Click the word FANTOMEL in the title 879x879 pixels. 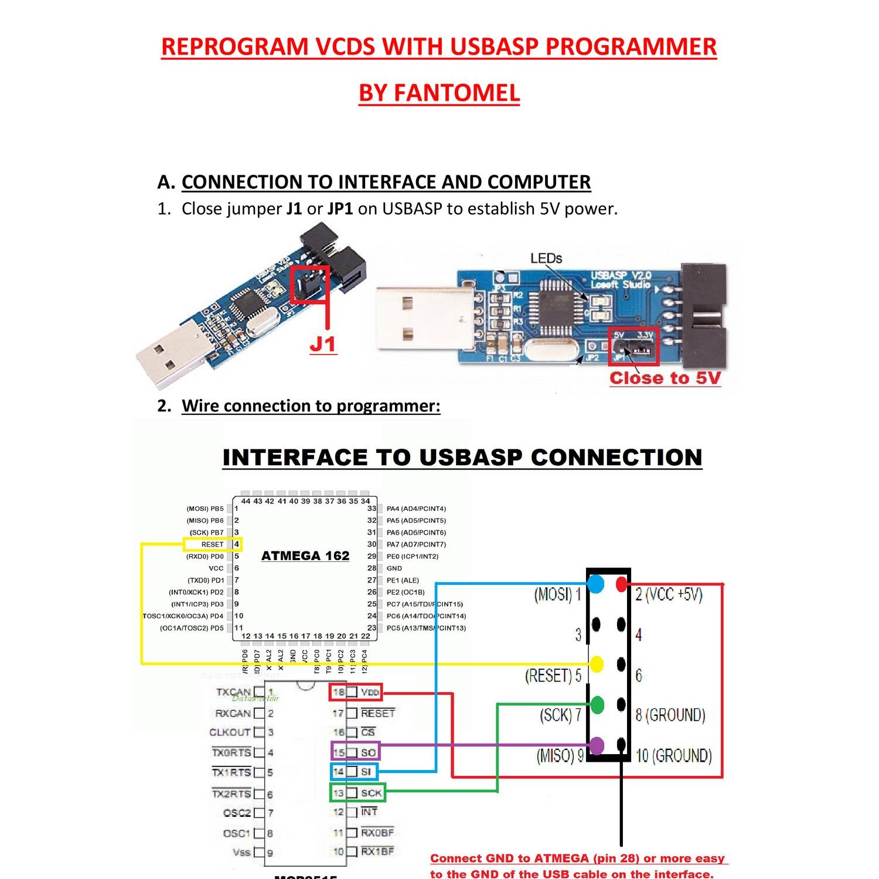click(x=456, y=93)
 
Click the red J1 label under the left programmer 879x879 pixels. click(x=323, y=344)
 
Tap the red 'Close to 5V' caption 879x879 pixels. click(x=665, y=378)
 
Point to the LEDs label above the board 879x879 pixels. click(x=546, y=258)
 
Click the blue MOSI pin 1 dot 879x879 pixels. click(x=596, y=584)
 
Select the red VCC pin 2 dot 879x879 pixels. click(x=621, y=584)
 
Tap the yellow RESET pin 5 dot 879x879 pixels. click(x=597, y=665)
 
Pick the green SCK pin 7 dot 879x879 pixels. click(x=597, y=705)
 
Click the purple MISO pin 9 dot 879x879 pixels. click(x=597, y=745)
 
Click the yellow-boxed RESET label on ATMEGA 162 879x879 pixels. click(x=212, y=544)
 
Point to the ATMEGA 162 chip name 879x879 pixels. click(x=305, y=556)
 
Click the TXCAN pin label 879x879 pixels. click(x=233, y=692)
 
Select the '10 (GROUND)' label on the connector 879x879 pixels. click(x=673, y=755)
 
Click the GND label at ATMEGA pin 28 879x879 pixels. click(x=394, y=568)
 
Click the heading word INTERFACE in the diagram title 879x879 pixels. click(x=295, y=458)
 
